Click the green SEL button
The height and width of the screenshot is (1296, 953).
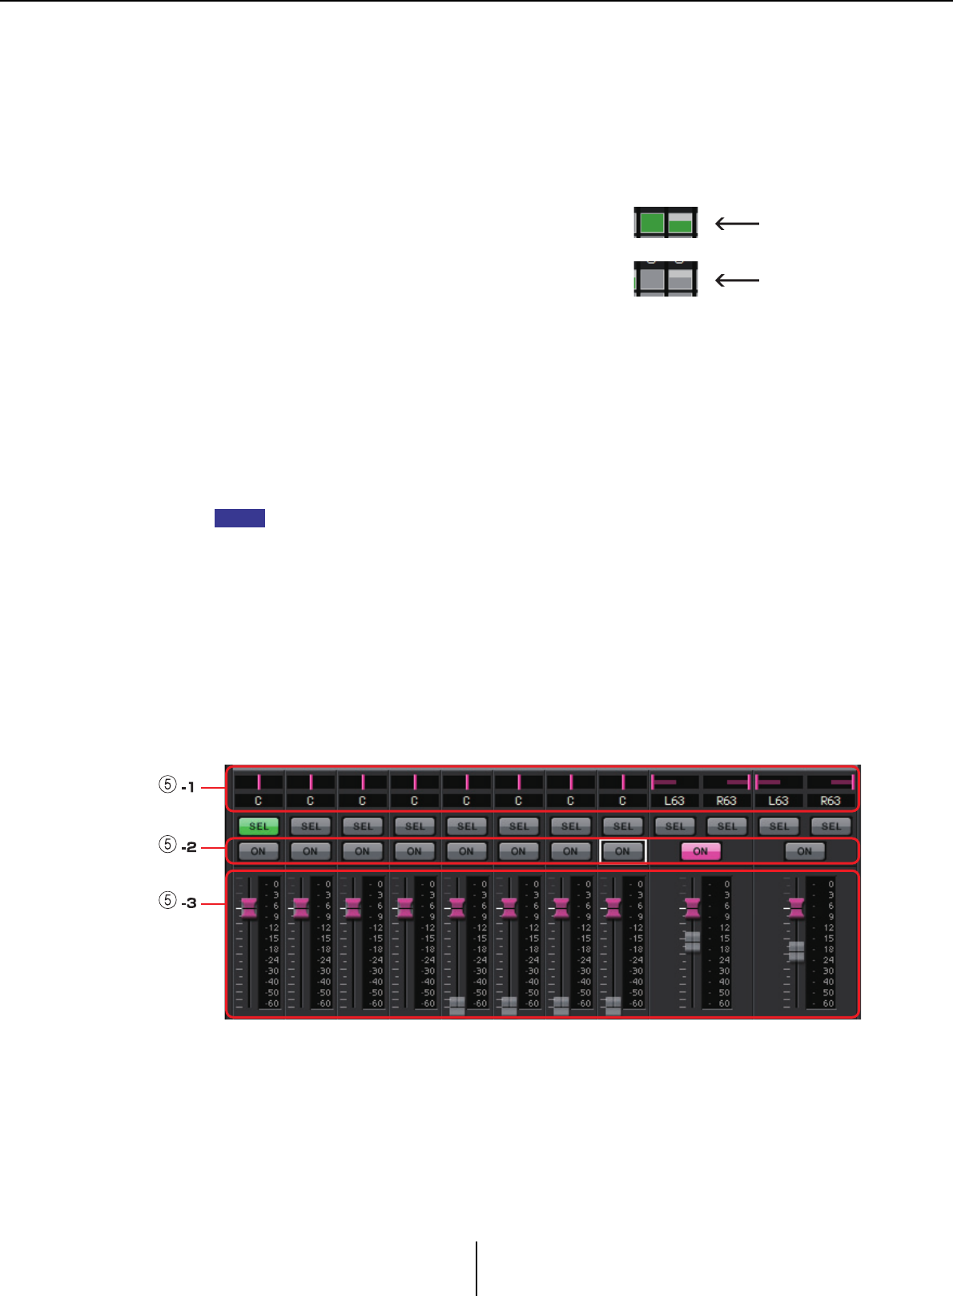(x=259, y=826)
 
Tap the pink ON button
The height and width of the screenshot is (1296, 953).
(x=701, y=851)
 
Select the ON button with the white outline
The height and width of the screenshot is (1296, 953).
(x=622, y=851)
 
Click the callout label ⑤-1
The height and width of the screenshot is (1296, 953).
(x=178, y=787)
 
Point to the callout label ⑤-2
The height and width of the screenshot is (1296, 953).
(x=178, y=846)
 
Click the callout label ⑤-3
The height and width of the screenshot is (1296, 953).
(x=178, y=902)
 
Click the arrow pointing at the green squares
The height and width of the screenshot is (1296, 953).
(x=737, y=224)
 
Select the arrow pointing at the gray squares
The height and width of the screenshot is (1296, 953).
(x=737, y=280)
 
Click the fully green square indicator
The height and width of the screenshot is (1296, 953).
(x=652, y=223)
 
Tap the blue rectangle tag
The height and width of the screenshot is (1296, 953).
(x=239, y=518)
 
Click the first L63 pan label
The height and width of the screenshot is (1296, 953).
(x=674, y=801)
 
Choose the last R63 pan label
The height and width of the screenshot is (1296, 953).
(x=830, y=801)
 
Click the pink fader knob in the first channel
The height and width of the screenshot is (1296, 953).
(x=248, y=908)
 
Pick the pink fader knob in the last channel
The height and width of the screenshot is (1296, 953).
(x=795, y=908)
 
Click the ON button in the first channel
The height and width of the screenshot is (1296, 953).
(x=259, y=851)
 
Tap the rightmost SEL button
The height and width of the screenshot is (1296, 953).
(x=830, y=826)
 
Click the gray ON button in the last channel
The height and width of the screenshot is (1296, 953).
(x=805, y=851)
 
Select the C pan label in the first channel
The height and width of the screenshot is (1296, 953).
(x=259, y=801)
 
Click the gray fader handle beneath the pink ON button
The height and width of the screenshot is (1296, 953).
(x=693, y=942)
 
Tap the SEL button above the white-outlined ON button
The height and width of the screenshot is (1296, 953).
(x=622, y=826)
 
